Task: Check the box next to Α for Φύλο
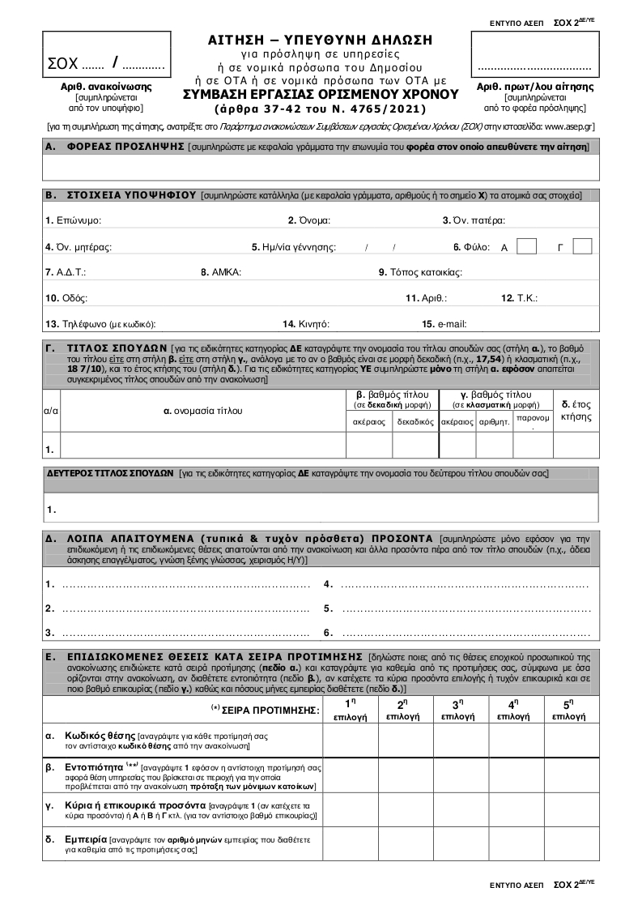point(526,246)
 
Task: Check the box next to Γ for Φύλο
point(582,246)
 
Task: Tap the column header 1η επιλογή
point(350,710)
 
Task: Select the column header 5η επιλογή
point(571,710)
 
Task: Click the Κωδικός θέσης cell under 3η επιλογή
point(460,740)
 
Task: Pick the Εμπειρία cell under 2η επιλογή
point(405,845)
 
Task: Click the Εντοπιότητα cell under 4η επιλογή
point(515,775)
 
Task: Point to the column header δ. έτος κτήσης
point(576,410)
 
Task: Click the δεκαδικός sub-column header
point(415,422)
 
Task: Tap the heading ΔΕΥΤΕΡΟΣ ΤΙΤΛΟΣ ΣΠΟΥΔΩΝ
point(110,472)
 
